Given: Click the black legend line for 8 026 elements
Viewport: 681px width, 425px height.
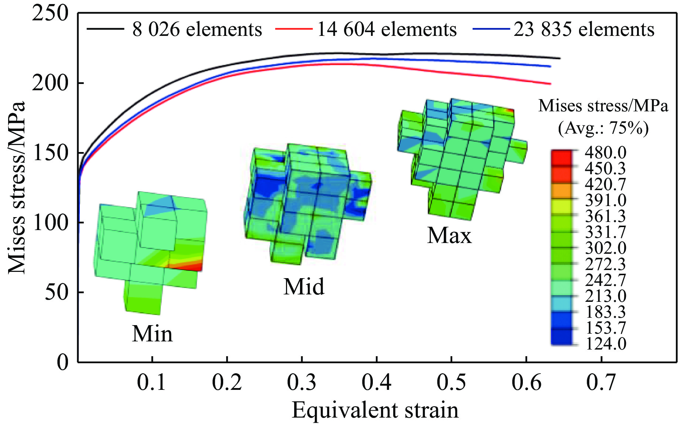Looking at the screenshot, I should pyautogui.click(x=105, y=29).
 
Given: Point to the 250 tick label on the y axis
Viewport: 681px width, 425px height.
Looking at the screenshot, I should pyautogui.click(x=51, y=14).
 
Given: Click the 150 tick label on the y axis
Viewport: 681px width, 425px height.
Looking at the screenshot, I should pyautogui.click(x=51, y=153).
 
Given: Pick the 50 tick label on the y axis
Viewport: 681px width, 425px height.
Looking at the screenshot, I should pyautogui.click(x=57, y=292).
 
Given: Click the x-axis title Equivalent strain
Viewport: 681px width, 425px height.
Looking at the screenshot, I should pyautogui.click(x=375, y=410).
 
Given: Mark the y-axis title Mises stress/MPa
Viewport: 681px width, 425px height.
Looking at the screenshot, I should pyautogui.click(x=17, y=187).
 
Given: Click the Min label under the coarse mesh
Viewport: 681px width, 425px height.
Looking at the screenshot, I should pyautogui.click(x=152, y=334).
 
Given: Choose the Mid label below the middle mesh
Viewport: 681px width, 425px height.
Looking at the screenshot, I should pyautogui.click(x=304, y=287).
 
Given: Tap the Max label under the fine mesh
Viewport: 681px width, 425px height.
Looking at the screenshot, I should pyautogui.click(x=449, y=236).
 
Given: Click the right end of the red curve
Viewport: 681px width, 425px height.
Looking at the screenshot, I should pyautogui.click(x=550, y=84).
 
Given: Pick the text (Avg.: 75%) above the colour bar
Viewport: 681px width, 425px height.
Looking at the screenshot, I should pyautogui.click(x=603, y=129).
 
